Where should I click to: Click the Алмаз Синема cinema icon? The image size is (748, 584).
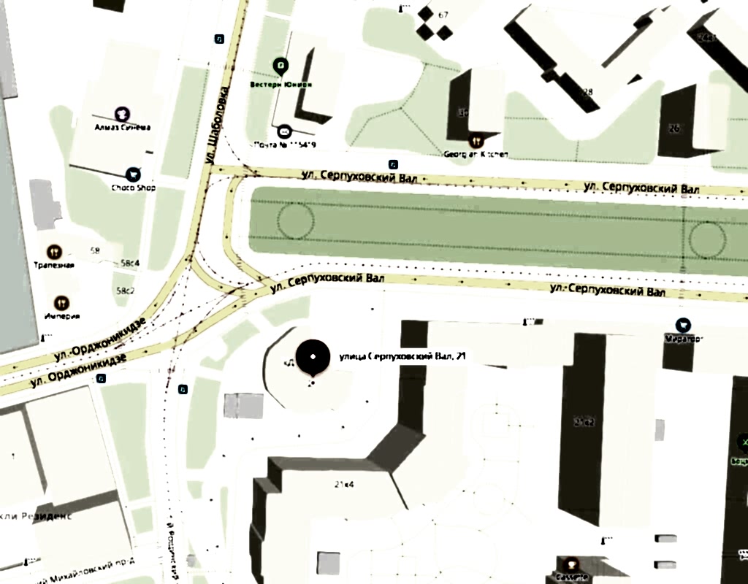click(x=122, y=113)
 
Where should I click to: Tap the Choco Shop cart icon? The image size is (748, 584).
click(x=133, y=174)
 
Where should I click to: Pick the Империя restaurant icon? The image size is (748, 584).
click(x=62, y=302)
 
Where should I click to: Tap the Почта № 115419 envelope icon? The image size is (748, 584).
click(x=285, y=131)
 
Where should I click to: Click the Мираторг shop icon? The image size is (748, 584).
click(x=683, y=325)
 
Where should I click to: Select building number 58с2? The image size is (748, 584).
click(x=126, y=291)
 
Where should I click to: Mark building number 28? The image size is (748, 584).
click(x=587, y=92)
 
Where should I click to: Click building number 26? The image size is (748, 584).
click(x=673, y=128)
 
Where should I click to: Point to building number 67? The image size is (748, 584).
click(x=443, y=15)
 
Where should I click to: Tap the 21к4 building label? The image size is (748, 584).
click(x=344, y=484)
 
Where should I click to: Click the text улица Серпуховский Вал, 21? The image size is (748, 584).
click(x=402, y=356)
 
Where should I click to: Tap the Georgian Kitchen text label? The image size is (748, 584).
click(x=476, y=154)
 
